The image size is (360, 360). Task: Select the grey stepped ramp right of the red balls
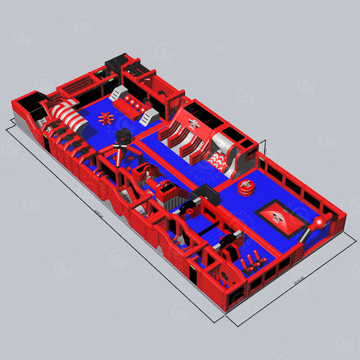[x=149, y=118]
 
